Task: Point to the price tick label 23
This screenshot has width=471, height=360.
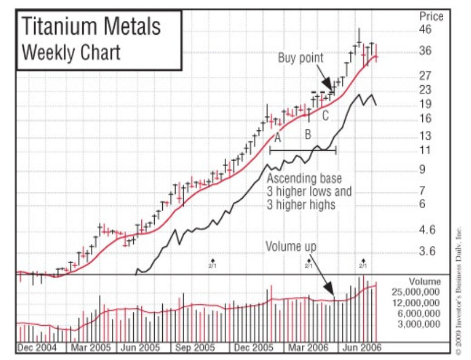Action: click(426, 89)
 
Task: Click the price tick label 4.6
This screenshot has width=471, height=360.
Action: click(427, 230)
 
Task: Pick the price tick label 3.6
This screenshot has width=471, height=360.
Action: click(427, 252)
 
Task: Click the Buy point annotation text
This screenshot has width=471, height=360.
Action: click(301, 58)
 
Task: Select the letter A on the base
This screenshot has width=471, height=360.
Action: click(278, 138)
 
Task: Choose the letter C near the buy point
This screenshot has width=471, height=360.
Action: click(325, 116)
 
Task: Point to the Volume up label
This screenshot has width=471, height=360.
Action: click(291, 246)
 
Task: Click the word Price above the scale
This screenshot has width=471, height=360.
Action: click(431, 17)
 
